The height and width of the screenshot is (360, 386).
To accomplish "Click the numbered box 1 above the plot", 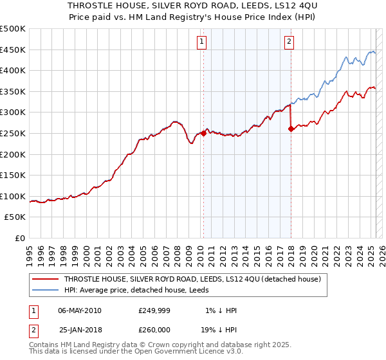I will [202, 42].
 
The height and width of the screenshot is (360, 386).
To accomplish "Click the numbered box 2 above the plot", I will [289, 42].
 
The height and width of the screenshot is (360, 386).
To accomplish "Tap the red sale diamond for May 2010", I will [203, 134].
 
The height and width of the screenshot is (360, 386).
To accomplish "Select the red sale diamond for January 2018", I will [291, 129].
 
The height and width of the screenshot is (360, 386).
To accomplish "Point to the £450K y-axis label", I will [13, 50].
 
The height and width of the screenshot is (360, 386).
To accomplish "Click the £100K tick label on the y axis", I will [13, 196].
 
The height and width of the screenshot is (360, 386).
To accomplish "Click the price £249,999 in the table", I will [153, 310].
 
